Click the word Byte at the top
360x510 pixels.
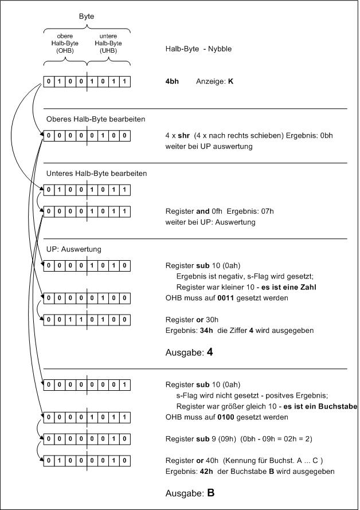86,17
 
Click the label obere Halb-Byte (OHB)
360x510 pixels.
64,44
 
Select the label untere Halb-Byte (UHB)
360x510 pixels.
108,44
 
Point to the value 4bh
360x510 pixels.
172,81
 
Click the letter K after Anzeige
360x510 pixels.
230,81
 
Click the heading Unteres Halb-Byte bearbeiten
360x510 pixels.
96,173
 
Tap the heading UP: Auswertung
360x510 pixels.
74,249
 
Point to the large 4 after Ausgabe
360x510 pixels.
210,352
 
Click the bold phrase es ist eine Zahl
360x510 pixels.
289,286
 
